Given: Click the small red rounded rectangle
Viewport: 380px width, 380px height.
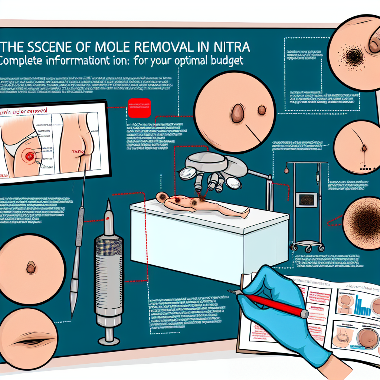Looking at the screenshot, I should click(x=139, y=107).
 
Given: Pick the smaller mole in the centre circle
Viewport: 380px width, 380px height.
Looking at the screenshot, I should click(x=262, y=110).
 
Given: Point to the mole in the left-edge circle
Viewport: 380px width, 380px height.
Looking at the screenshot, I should click(x=31, y=267).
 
